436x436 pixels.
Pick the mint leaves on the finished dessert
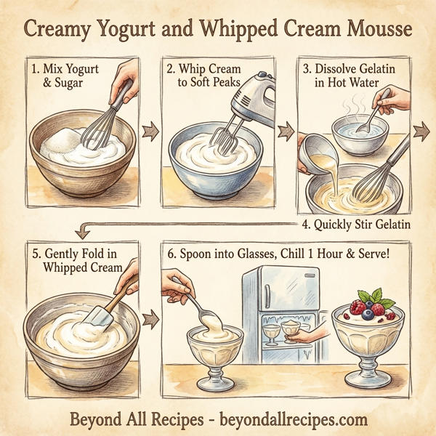click(376, 296)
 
